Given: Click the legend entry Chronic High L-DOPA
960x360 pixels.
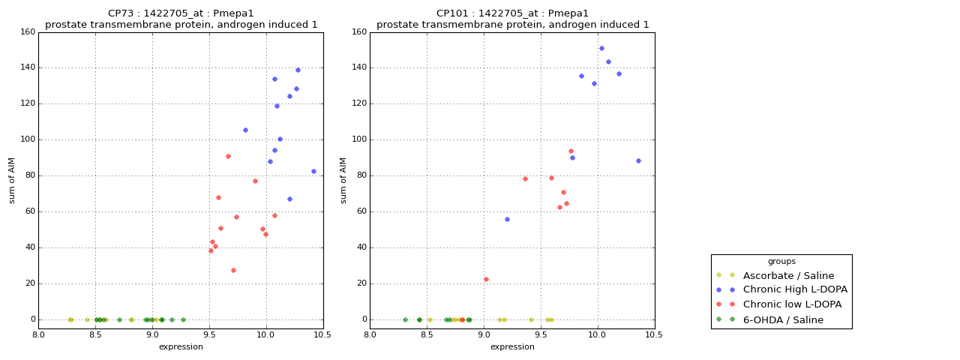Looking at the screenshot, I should click(795, 289).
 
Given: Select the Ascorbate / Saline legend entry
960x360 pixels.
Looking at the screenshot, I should click(788, 275).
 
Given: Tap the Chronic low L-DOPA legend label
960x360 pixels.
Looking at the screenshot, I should click(792, 304).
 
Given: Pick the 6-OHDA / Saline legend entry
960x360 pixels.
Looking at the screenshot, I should click(783, 319).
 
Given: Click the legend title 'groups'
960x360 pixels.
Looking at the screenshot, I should click(781, 262).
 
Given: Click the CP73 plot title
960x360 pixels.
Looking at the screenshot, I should click(181, 13).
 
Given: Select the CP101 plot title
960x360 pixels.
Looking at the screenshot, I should click(512, 13).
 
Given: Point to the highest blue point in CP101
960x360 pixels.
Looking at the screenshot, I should click(601, 48).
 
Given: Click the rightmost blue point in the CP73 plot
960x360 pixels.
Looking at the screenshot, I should click(313, 171).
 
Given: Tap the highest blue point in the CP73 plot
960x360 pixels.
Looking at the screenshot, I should click(298, 70).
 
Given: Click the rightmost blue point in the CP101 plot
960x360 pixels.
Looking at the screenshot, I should click(638, 160).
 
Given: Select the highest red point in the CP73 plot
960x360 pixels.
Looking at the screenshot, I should click(228, 156).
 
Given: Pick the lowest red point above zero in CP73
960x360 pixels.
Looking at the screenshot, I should click(233, 270).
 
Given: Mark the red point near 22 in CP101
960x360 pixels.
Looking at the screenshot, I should click(486, 279).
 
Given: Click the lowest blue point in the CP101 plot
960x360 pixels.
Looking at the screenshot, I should click(507, 219).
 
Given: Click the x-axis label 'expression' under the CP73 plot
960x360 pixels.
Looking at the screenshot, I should click(181, 346).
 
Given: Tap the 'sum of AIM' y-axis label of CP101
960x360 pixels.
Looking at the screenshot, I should click(343, 180).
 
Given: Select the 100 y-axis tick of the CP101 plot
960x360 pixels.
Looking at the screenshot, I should click(358, 139).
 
